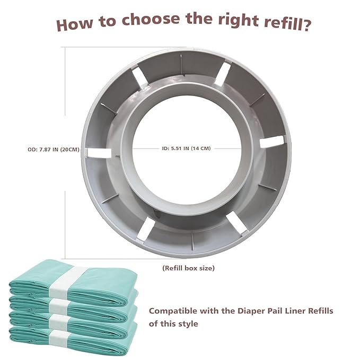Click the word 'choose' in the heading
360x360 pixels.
coord(151,19)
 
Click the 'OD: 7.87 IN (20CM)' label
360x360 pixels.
coord(54,150)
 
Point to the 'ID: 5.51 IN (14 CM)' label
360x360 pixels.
coord(186,148)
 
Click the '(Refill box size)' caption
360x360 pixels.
coord(188,268)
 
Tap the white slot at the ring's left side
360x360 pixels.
coord(99,153)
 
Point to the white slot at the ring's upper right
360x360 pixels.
coord(223,74)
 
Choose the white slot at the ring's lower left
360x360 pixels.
coord(146,228)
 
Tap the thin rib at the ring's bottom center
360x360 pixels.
coord(192,242)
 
